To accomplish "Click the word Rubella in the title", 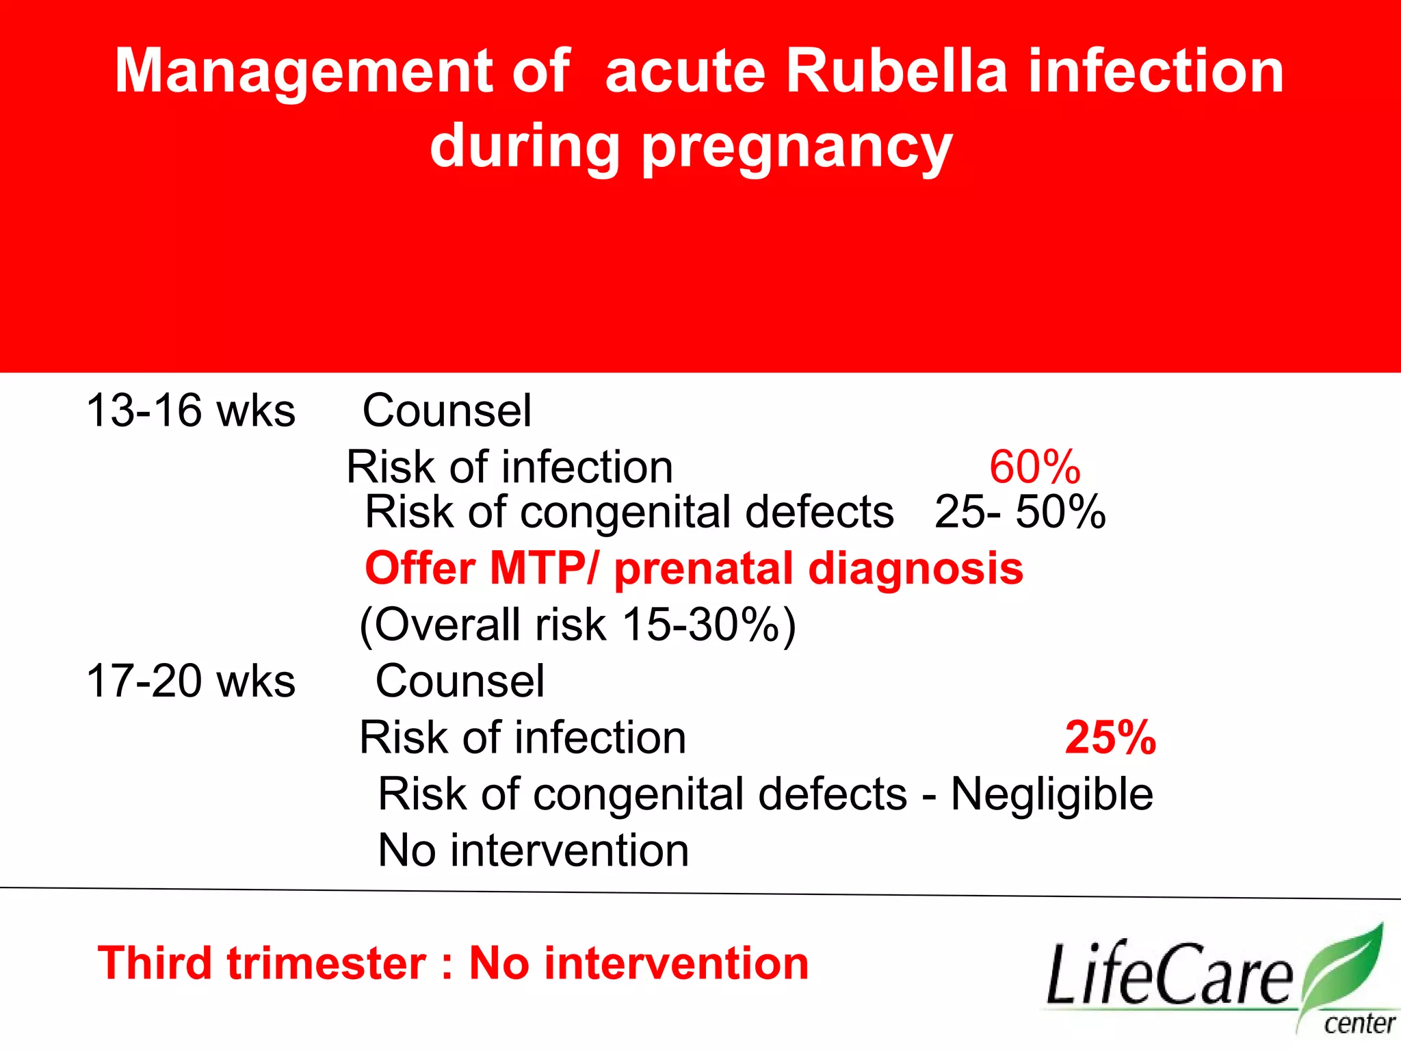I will click(x=896, y=71).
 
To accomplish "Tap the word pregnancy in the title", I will click(x=796, y=148).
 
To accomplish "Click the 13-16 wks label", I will click(x=191, y=411).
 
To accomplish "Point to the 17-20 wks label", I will click(x=191, y=682).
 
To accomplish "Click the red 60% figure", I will click(x=1034, y=467).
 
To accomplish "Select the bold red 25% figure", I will click(x=1110, y=738).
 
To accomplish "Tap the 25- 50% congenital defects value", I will click(x=1019, y=512).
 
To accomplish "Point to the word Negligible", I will click(x=1051, y=794).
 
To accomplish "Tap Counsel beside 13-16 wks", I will click(x=447, y=411).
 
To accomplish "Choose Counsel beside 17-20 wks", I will click(x=460, y=682).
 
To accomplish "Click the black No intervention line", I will click(x=533, y=851).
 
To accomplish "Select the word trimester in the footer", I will click(x=327, y=963).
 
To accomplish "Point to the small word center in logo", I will click(x=1359, y=1024).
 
